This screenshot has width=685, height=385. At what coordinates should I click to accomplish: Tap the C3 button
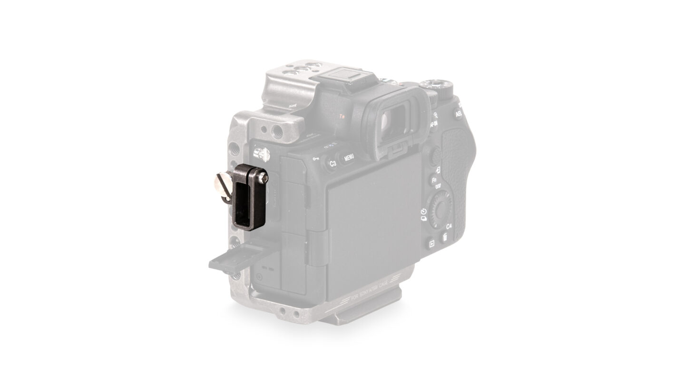pos(333,164)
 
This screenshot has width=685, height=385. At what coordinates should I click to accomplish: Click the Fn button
pos(434,182)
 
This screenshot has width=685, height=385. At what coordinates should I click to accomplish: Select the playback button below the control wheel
pos(431,243)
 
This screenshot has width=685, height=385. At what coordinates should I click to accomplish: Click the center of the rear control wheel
pos(440,209)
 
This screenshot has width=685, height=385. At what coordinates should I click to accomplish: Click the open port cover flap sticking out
pos(238,256)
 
